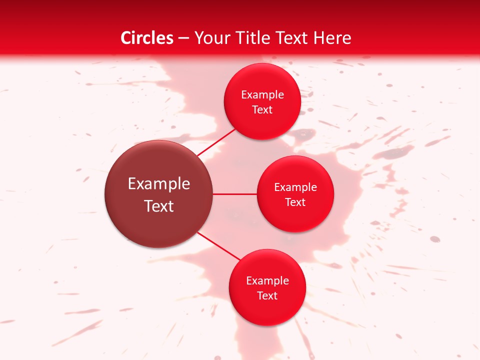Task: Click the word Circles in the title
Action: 147,38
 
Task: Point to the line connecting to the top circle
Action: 216,141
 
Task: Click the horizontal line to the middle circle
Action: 235,194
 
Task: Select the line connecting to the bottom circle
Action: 218,246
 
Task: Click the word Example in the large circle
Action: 159,184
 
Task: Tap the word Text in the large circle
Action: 159,206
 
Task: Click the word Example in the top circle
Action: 262,95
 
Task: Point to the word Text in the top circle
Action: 262,110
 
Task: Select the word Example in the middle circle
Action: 295,187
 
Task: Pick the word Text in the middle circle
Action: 295,202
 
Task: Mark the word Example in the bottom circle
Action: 267,281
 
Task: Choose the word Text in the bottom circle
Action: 267,296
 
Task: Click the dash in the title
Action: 183,38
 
